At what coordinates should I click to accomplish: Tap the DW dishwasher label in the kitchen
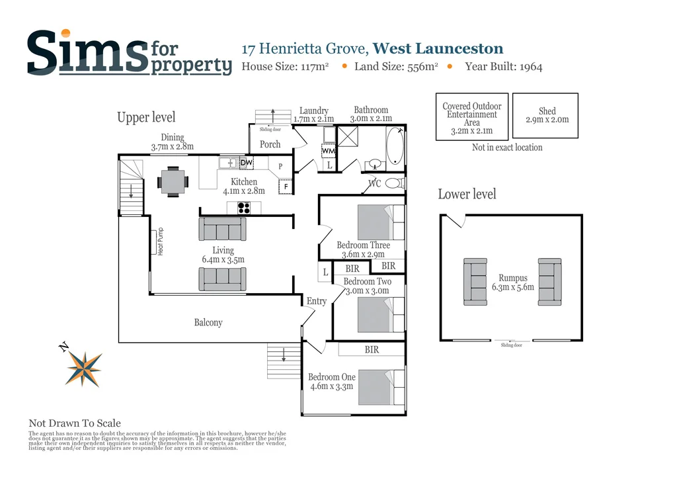tap(246, 163)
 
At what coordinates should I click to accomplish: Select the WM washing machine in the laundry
tap(329, 152)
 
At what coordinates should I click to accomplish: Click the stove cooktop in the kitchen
tap(244, 207)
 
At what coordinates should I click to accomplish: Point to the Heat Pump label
tap(160, 242)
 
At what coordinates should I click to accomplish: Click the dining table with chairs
tap(173, 181)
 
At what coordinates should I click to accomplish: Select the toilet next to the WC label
tap(395, 183)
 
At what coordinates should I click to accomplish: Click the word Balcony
tap(208, 323)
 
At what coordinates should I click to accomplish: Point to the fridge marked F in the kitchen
tap(286, 187)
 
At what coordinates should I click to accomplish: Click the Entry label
tap(317, 301)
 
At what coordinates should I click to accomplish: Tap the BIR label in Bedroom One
tap(372, 349)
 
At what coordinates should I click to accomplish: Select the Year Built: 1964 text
tap(503, 66)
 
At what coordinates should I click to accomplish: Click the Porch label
tap(270, 144)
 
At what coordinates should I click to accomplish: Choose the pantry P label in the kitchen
tap(280, 166)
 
